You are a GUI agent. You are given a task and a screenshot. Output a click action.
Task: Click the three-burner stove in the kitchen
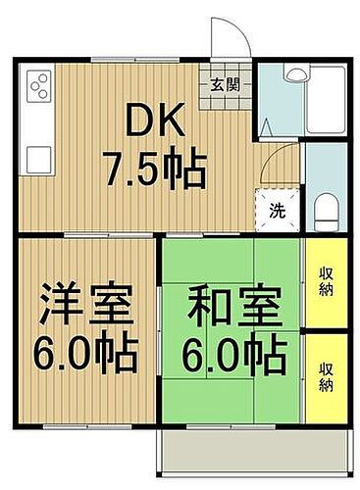[39, 89]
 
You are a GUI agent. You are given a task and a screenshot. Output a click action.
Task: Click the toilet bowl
[327, 209]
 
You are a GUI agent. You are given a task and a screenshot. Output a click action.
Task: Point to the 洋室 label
[85, 300]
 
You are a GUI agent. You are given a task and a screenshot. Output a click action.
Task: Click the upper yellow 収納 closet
[325, 282]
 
